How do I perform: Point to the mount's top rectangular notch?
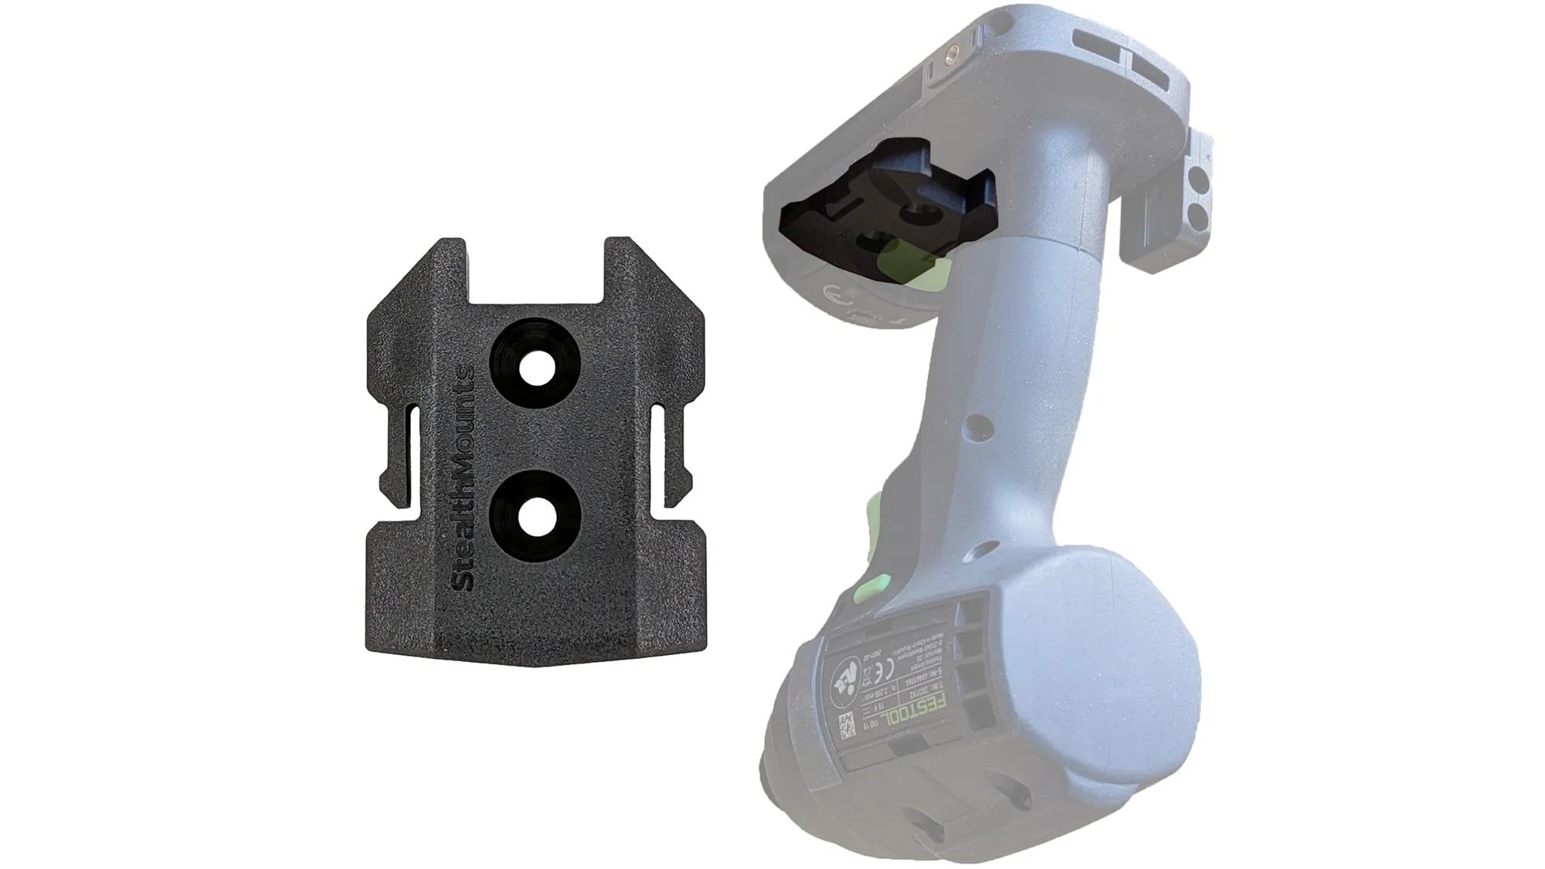535,270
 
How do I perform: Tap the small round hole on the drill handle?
978,423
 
